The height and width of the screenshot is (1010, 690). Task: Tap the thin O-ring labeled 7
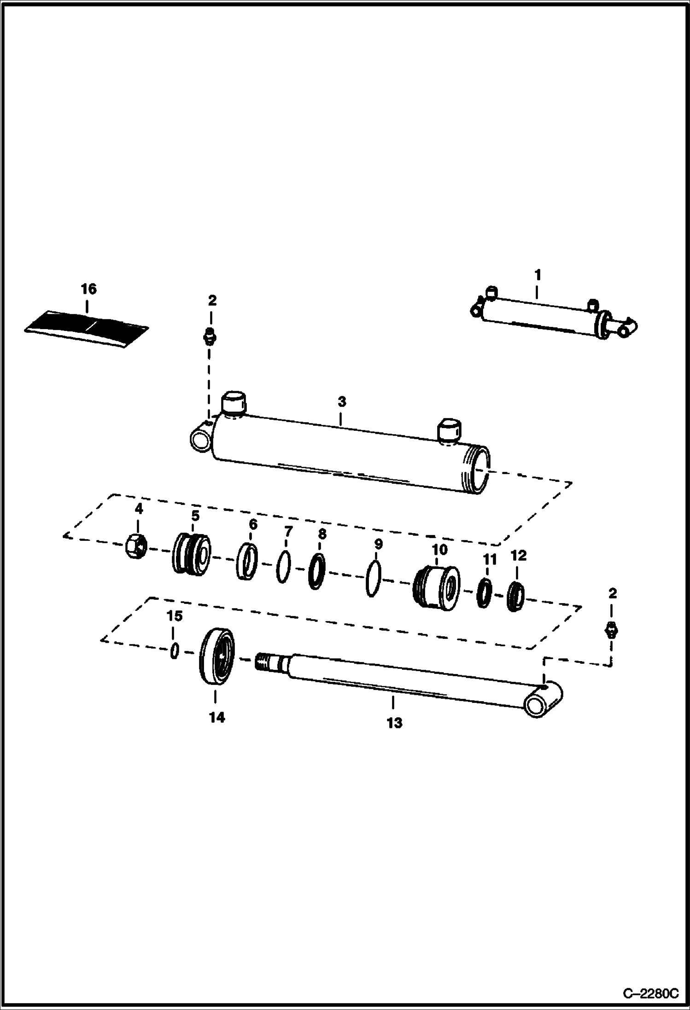click(284, 567)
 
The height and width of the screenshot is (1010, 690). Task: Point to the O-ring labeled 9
click(373, 580)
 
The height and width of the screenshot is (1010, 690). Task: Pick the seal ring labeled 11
click(484, 594)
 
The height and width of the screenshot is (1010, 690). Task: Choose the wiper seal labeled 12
click(515, 597)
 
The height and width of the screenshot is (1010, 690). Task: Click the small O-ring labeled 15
click(174, 651)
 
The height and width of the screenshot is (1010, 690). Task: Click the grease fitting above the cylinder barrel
click(211, 337)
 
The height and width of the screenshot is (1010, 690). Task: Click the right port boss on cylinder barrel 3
click(448, 430)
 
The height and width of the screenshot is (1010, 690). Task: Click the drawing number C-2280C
click(650, 994)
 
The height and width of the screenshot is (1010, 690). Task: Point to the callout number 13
click(394, 723)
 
